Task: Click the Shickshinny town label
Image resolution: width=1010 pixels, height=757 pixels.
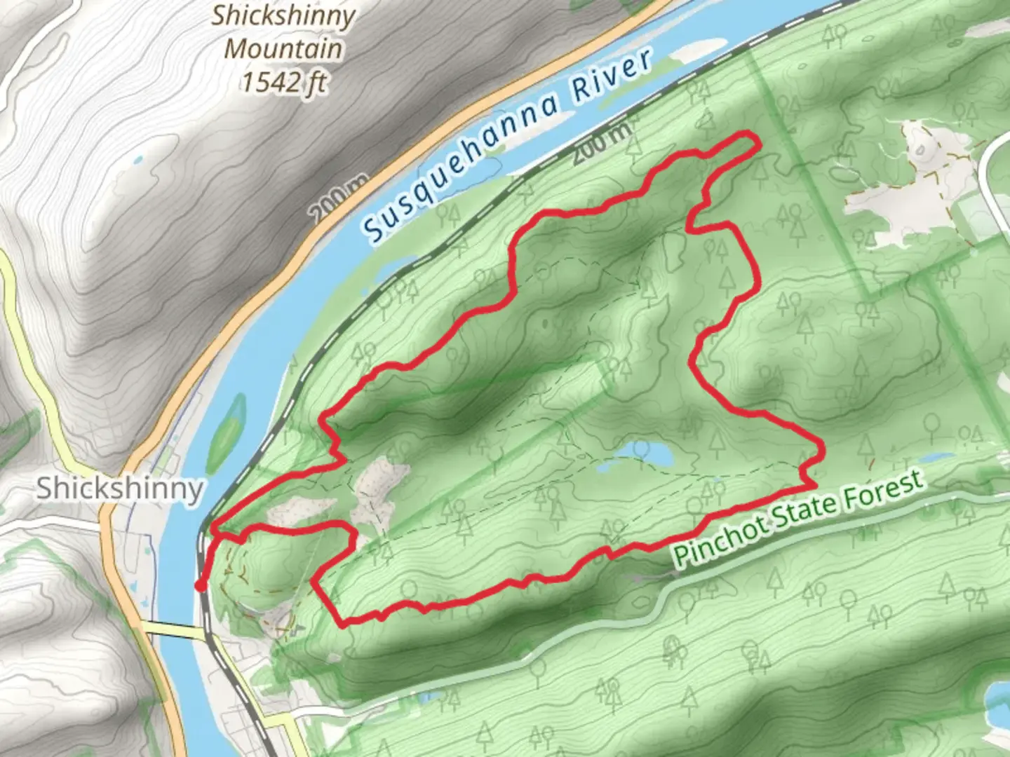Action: pos(119,488)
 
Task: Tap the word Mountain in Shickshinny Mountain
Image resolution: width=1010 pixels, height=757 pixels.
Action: pos(283,49)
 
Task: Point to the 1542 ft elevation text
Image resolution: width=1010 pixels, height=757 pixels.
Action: pos(283,83)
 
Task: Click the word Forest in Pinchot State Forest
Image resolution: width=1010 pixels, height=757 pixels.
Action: pos(882,491)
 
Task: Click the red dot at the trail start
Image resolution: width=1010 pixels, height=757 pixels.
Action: pos(201,586)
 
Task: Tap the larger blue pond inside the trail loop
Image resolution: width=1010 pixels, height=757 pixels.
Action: pos(652,457)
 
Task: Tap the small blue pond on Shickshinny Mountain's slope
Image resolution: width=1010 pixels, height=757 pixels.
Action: pos(138,159)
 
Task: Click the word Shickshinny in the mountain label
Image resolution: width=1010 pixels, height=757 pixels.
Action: pos(283,15)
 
